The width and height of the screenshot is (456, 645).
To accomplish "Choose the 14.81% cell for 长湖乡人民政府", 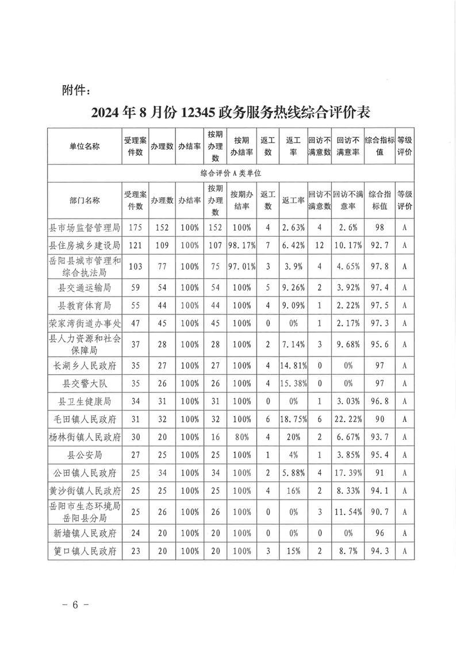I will (293, 365).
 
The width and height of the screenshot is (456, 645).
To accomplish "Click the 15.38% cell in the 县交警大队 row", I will (293, 383).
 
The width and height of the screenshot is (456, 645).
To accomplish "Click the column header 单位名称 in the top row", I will (85, 146).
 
